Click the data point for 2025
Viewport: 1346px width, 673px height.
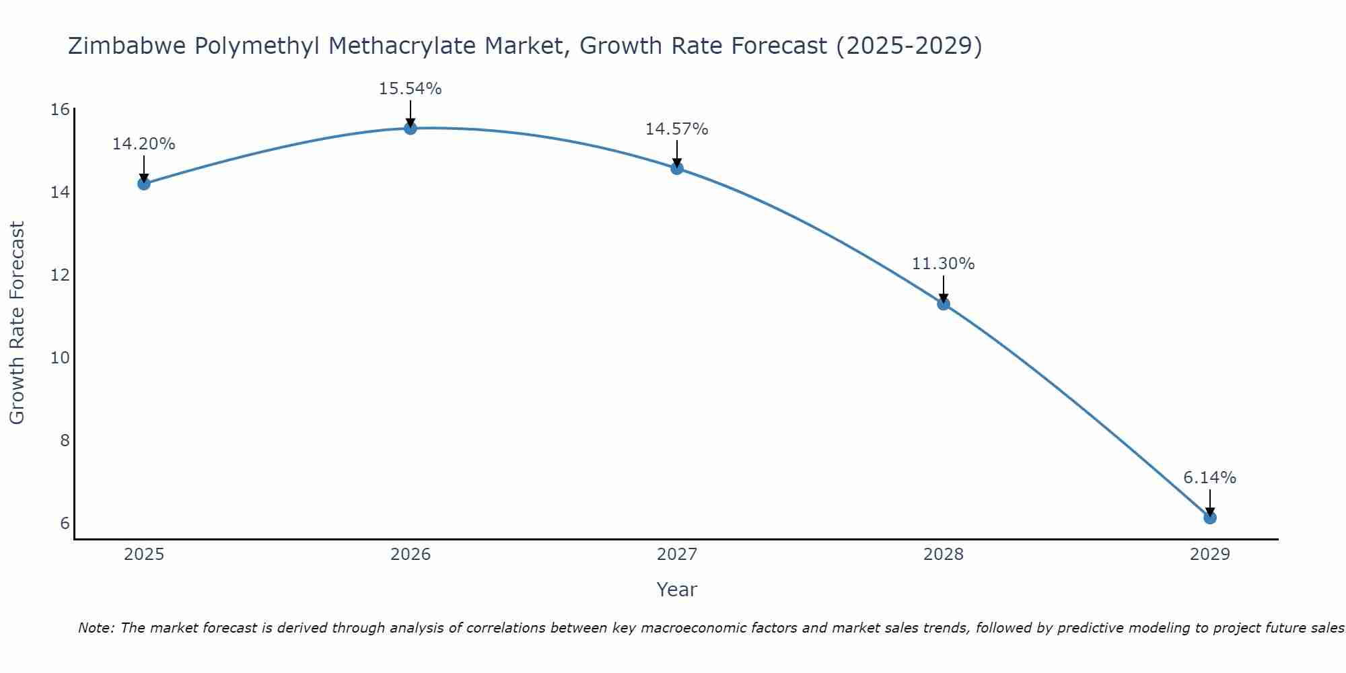click(143, 184)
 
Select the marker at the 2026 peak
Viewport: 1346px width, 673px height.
click(411, 128)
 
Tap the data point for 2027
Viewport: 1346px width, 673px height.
click(677, 168)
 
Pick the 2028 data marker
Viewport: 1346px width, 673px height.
click(944, 304)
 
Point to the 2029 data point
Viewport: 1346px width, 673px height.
click(1210, 518)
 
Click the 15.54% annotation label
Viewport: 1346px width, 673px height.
click(410, 89)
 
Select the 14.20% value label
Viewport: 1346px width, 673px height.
click(143, 144)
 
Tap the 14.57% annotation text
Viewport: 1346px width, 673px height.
click(676, 129)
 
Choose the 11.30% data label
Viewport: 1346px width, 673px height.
click(943, 264)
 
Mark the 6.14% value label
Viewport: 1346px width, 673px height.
click(1209, 478)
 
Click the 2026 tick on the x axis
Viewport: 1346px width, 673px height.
click(411, 555)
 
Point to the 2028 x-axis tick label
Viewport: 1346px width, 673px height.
click(944, 555)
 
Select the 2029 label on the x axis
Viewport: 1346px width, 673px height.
click(1210, 555)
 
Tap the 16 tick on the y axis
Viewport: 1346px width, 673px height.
click(61, 110)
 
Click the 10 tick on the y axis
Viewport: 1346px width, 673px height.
click(61, 357)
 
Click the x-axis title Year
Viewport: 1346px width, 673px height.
click(676, 590)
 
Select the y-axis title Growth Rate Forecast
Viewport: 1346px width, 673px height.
click(17, 323)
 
